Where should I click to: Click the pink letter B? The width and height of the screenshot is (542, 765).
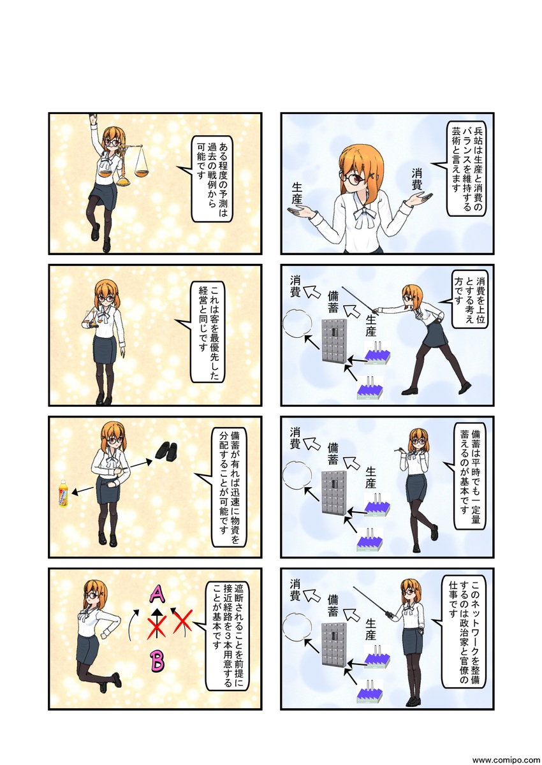pos(157,660)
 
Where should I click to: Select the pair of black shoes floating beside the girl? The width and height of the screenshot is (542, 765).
pos(166,451)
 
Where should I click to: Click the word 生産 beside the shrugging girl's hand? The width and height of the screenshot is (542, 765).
pos(297,193)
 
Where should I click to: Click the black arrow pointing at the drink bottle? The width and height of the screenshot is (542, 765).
pos(82,491)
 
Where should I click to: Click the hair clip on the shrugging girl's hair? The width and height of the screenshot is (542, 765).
pos(372,176)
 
